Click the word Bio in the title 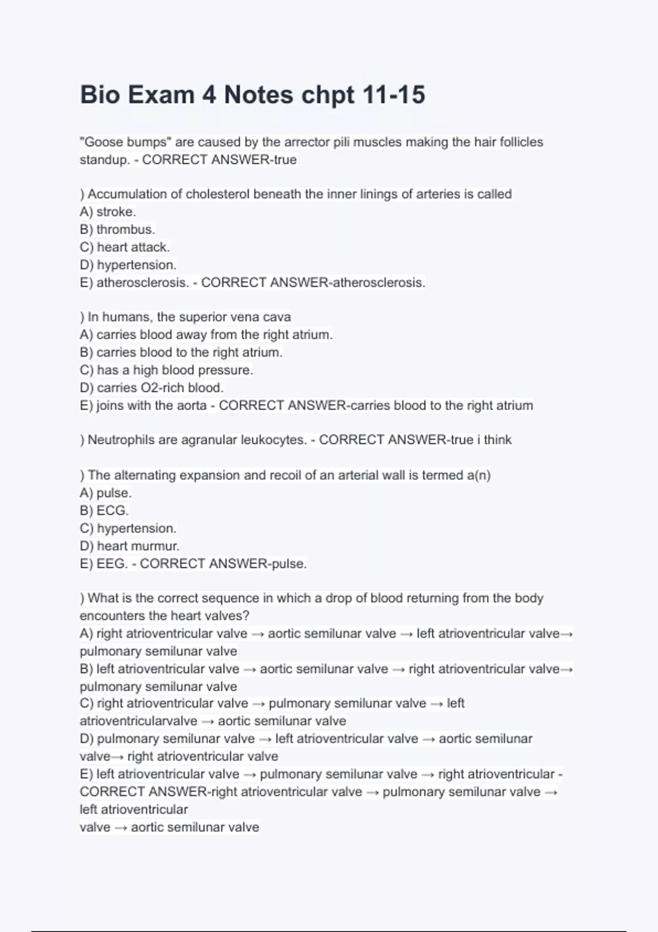(x=100, y=94)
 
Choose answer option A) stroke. (x=108, y=212)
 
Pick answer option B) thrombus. (x=117, y=229)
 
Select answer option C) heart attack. (x=125, y=247)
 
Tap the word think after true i (x=498, y=440)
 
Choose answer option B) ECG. (x=104, y=510)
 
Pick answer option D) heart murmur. (x=129, y=546)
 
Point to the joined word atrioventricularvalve (x=138, y=721)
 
